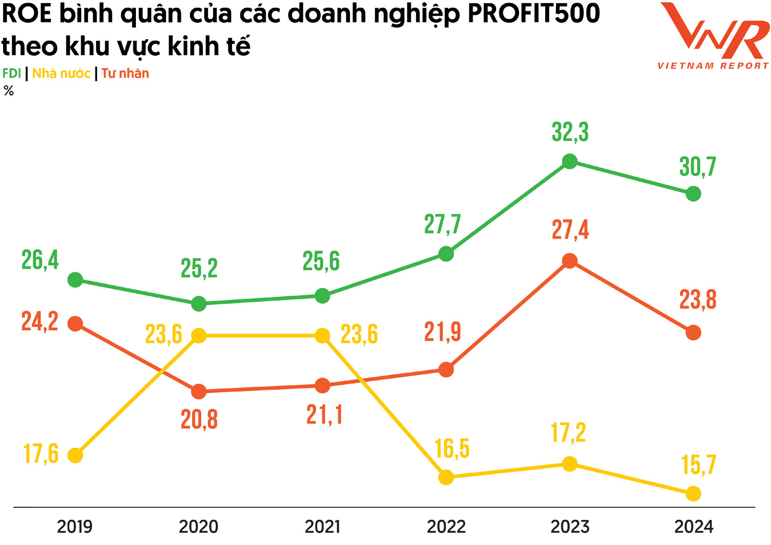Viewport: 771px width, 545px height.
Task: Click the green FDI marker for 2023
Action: tap(570, 162)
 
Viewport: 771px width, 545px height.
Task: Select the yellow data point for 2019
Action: tap(75, 455)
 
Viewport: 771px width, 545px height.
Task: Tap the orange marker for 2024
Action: tap(693, 333)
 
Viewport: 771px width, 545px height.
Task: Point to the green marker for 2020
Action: tap(199, 304)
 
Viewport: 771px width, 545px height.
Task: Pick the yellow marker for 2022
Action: tap(446, 478)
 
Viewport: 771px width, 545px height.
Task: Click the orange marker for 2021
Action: tap(322, 386)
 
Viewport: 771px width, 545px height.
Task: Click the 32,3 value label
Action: tap(570, 132)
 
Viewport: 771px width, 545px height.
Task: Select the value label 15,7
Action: tap(698, 465)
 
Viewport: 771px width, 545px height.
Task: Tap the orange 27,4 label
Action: tap(570, 229)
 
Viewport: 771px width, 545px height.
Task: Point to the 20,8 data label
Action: tap(199, 419)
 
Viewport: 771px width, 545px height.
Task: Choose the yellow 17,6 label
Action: tap(41, 454)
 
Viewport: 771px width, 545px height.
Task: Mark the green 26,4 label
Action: tap(40, 260)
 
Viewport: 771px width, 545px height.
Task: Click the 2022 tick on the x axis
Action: tap(446, 527)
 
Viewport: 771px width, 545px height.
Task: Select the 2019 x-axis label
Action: tap(75, 527)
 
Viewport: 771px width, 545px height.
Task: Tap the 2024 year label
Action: tap(693, 527)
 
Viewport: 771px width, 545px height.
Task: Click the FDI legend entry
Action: tap(11, 74)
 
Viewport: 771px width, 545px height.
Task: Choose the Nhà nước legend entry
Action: tap(61, 74)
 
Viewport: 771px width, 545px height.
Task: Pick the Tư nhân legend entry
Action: tap(125, 74)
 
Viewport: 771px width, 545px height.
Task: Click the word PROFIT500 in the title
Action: tap(533, 14)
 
